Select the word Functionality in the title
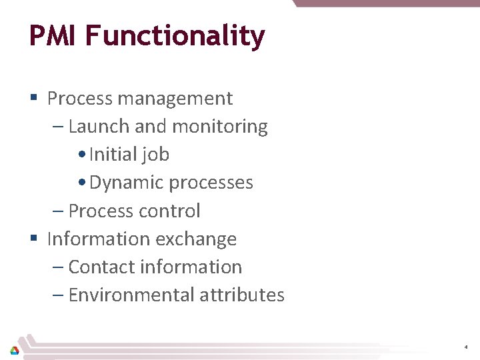(174, 37)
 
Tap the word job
(157, 155)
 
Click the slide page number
(466, 347)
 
